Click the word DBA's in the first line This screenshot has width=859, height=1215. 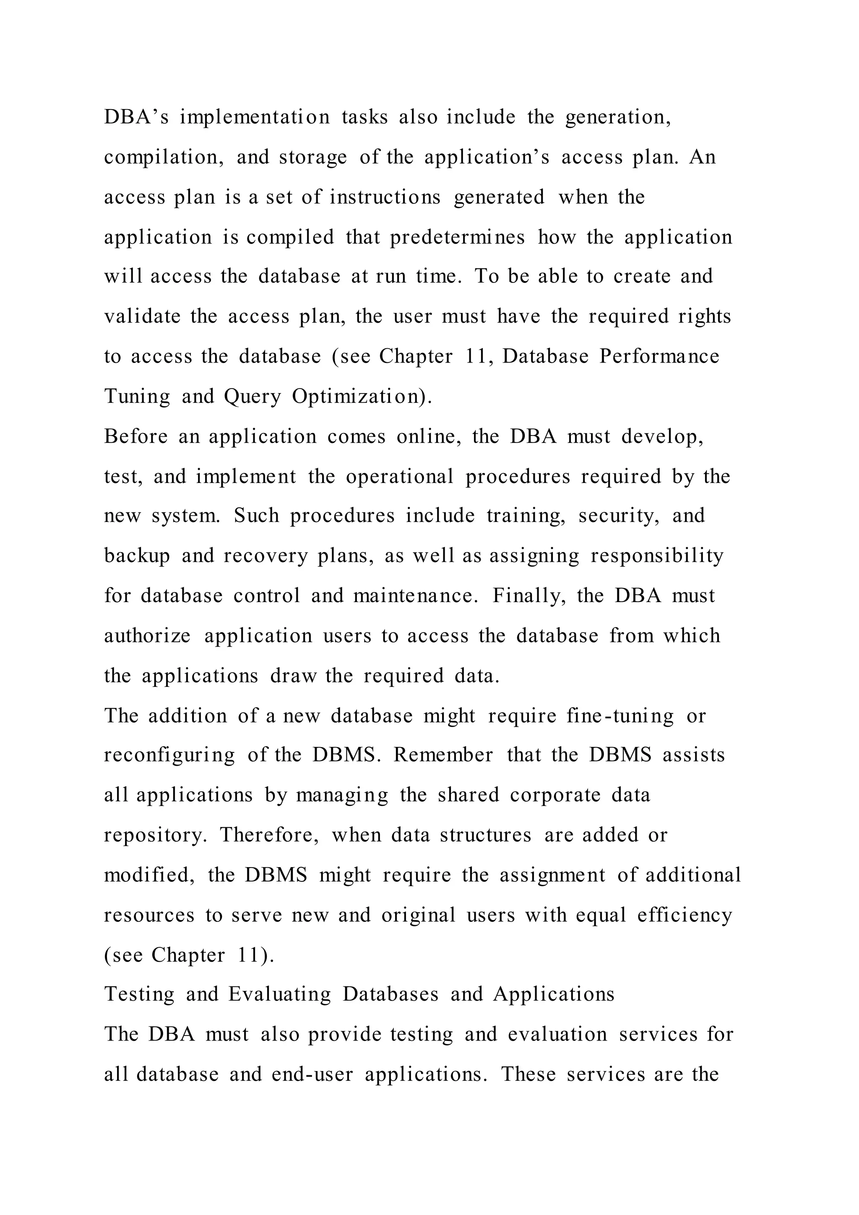point(136,117)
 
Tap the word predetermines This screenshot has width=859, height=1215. point(458,237)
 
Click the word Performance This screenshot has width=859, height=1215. point(659,356)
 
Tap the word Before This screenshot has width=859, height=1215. point(136,437)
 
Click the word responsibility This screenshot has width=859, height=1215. point(657,556)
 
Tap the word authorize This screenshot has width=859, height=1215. point(147,636)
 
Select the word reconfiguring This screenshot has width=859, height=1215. point(169,756)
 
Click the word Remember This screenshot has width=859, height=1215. point(443,755)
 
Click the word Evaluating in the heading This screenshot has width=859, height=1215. point(280,994)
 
